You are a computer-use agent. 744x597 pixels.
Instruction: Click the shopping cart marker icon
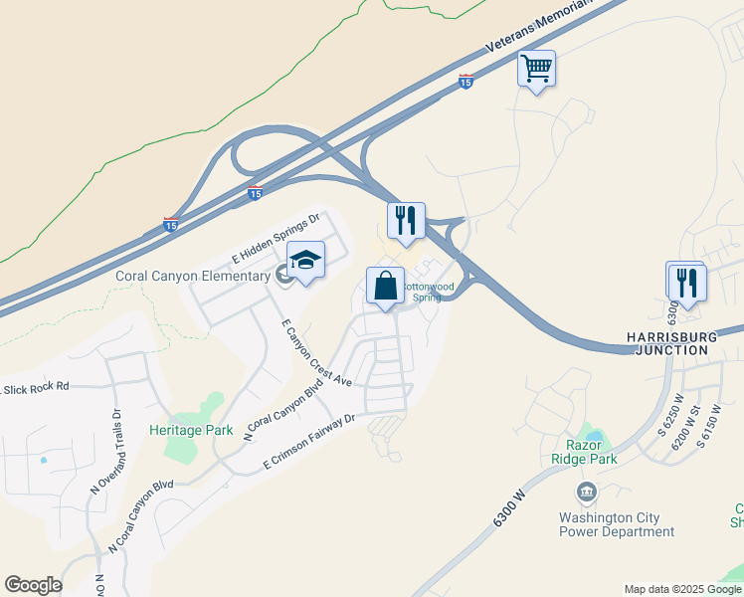pyautogui.click(x=536, y=69)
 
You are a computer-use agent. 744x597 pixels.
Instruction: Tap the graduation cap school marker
pyautogui.click(x=306, y=261)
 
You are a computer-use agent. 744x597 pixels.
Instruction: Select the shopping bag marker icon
pyautogui.click(x=385, y=286)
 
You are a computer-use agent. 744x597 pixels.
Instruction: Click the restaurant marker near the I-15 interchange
pyautogui.click(x=406, y=221)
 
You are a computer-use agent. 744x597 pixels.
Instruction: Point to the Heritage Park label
pyautogui.click(x=191, y=430)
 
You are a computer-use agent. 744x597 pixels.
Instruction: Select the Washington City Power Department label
pyautogui.click(x=617, y=524)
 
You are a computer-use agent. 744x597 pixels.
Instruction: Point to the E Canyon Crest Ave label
pyautogui.click(x=316, y=352)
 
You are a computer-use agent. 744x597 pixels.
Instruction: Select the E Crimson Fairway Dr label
pyautogui.click(x=309, y=443)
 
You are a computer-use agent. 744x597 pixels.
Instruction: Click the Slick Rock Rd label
pyautogui.click(x=37, y=385)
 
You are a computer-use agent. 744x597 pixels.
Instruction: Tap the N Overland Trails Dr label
pyautogui.click(x=106, y=454)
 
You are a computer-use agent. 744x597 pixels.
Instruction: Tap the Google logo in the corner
pyautogui.click(x=33, y=585)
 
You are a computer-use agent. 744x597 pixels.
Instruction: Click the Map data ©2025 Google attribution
pyautogui.click(x=682, y=589)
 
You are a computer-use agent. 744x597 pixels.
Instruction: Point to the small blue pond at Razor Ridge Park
pyautogui.click(x=595, y=436)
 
